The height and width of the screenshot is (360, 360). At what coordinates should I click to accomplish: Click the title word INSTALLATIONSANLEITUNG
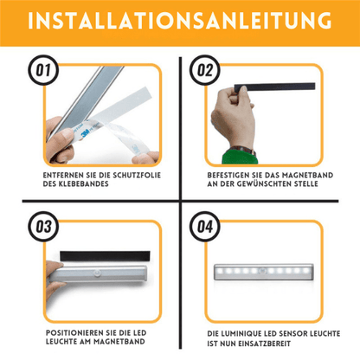point(179,21)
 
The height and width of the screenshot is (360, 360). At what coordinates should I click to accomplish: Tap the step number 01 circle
point(43,70)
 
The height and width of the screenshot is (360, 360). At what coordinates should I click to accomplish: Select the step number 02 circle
point(205,70)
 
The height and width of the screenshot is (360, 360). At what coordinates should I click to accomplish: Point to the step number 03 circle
point(43,227)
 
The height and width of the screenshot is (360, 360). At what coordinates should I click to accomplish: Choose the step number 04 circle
point(205,227)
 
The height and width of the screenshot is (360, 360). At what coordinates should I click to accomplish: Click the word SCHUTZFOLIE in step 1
point(137,175)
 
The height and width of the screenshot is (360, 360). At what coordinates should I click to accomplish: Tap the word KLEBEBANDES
point(84,183)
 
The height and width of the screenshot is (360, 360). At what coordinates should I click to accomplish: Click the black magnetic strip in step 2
point(274,87)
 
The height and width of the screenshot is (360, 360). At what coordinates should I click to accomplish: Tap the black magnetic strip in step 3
point(105,256)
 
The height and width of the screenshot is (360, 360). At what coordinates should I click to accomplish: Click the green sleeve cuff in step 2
point(239,157)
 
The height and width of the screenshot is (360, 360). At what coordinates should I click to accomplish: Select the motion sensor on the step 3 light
point(98,273)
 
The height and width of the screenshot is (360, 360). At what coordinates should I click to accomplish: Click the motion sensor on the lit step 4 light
point(262,271)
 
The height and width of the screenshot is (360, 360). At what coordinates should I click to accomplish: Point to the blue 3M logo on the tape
point(85,133)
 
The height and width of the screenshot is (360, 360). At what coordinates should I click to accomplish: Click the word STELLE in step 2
point(306,183)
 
